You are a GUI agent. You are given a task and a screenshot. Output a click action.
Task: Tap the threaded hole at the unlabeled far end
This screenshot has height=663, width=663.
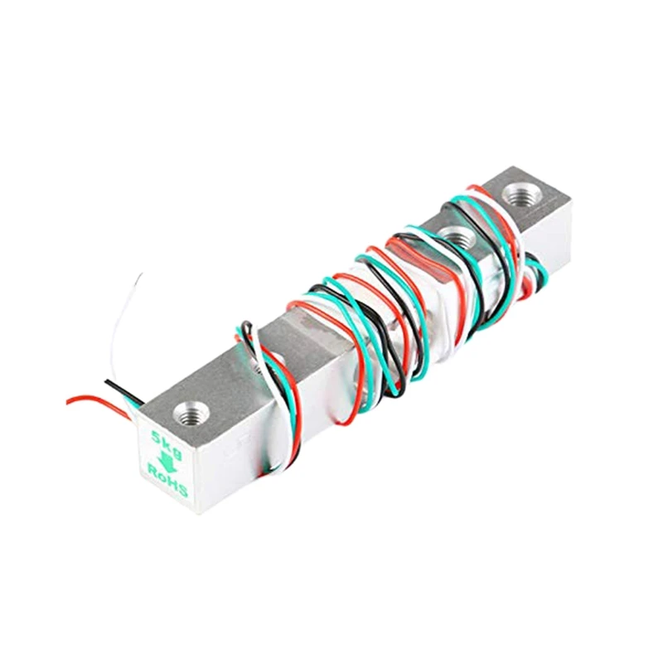[x=521, y=196]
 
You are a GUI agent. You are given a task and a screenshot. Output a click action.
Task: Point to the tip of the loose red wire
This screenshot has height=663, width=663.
[x=69, y=401]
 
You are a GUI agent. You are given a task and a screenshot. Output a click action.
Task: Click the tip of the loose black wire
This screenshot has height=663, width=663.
[x=106, y=382]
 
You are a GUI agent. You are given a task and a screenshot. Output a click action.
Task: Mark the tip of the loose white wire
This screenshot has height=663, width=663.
[x=140, y=274]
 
